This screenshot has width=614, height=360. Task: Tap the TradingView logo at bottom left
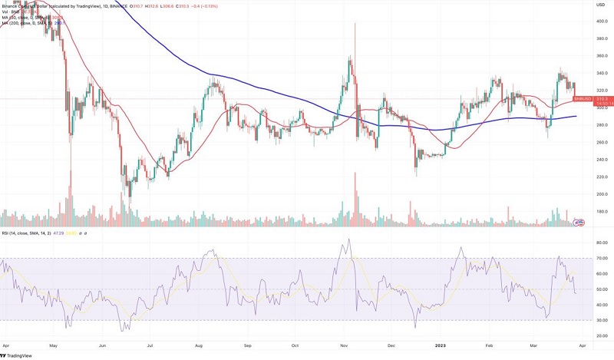[x=17, y=355]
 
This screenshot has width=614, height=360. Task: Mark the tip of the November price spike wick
[x=355, y=23]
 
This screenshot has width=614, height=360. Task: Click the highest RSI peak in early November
[x=349, y=239]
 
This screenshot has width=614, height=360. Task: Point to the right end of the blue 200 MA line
[x=577, y=117]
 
